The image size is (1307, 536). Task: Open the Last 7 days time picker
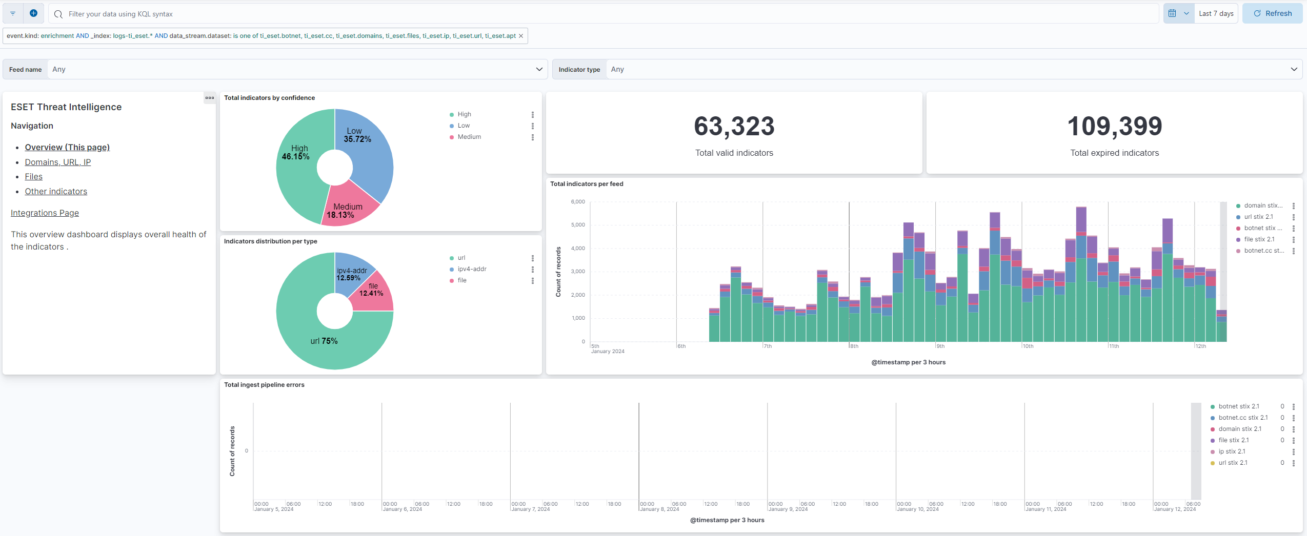click(x=1215, y=14)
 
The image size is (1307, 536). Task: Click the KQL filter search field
click(x=605, y=14)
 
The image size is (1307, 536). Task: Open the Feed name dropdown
click(x=295, y=69)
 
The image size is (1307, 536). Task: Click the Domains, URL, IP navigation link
click(x=58, y=162)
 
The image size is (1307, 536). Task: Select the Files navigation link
click(x=34, y=176)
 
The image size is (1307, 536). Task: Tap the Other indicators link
click(x=56, y=191)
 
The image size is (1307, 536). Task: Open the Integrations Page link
click(x=45, y=213)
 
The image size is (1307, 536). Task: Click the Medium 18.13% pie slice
click(x=348, y=208)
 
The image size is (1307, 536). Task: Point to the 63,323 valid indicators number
click(x=734, y=126)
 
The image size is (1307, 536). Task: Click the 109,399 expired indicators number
click(x=1114, y=126)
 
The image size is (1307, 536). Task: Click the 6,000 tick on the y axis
click(x=578, y=202)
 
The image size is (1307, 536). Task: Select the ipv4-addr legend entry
click(x=472, y=269)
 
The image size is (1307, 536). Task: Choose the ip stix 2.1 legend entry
click(x=1232, y=451)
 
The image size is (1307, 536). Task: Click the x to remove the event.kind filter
click(x=521, y=36)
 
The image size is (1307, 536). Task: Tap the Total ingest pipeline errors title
click(x=264, y=385)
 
